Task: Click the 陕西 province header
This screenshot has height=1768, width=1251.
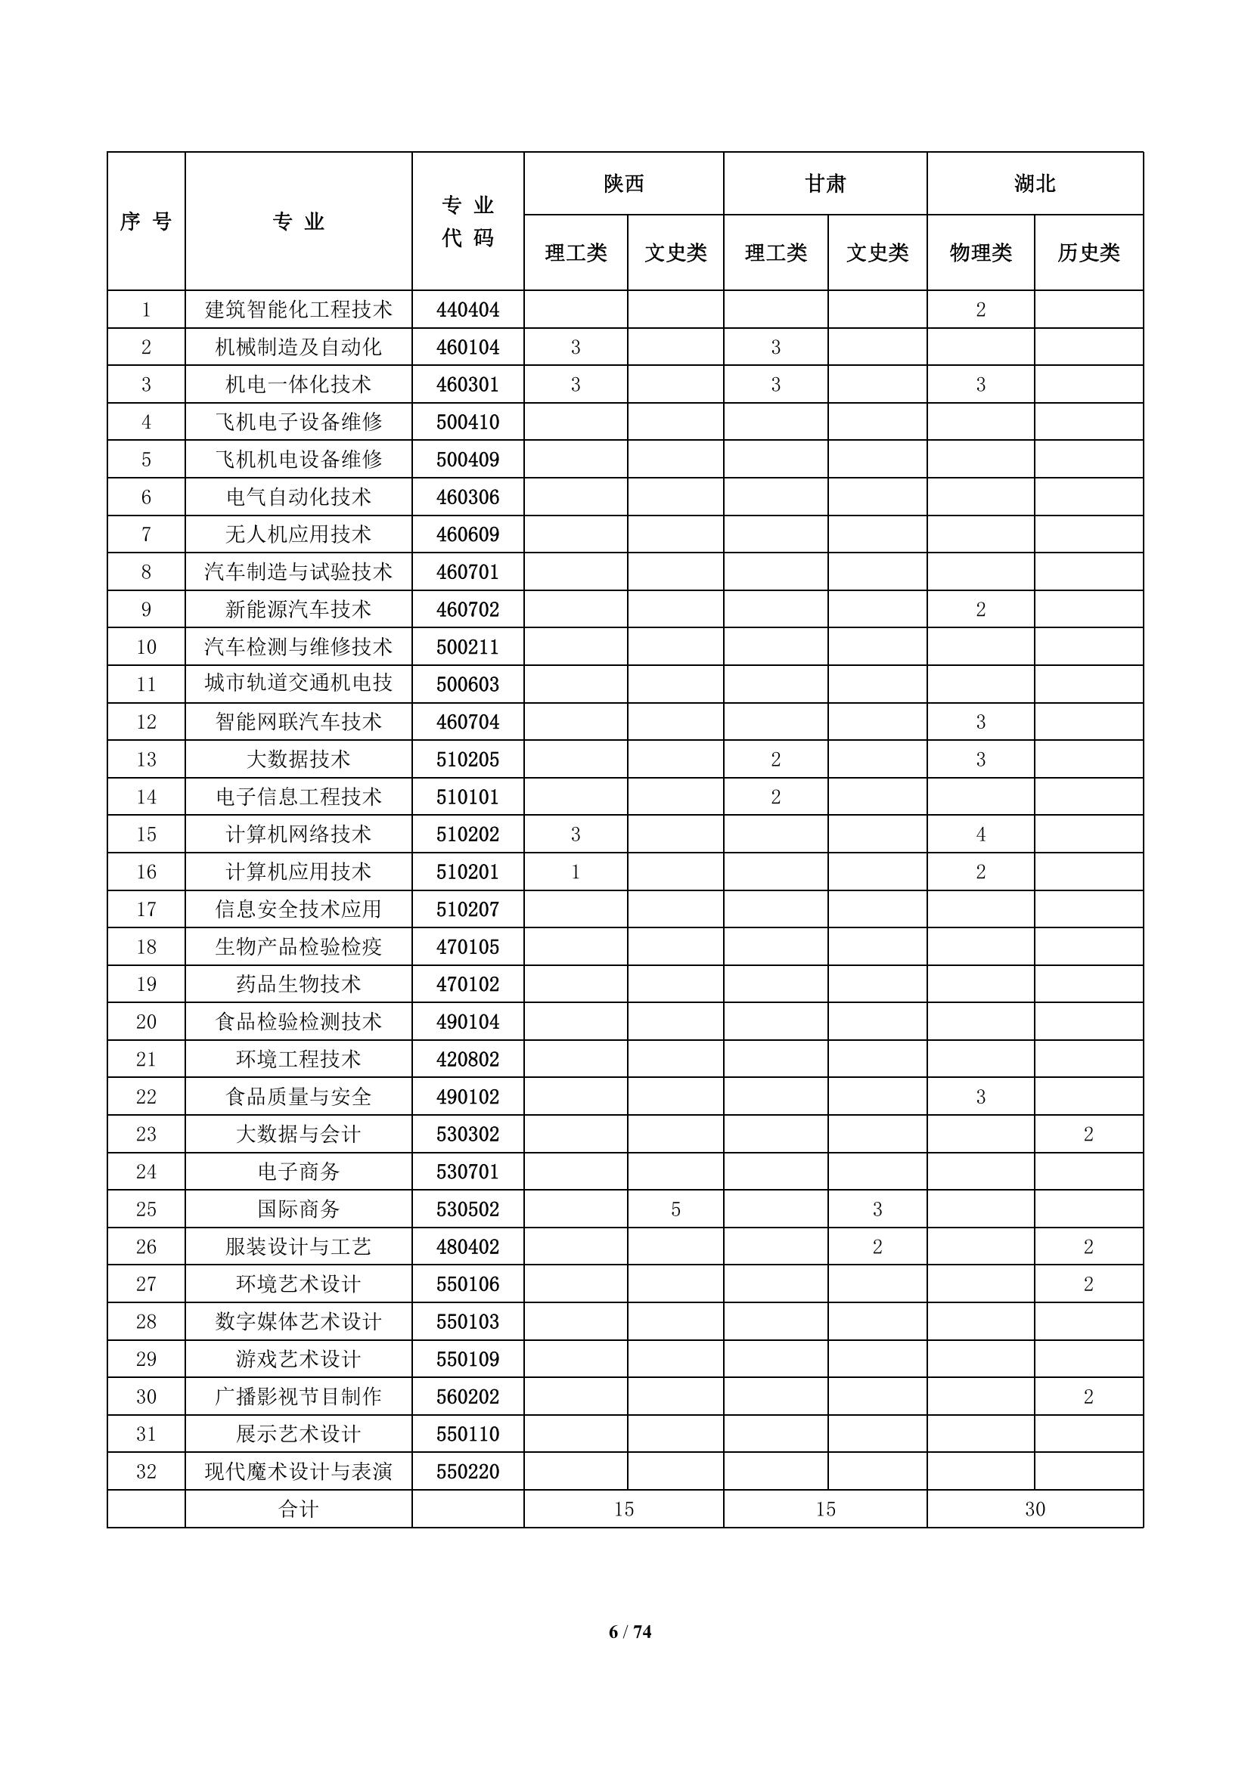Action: (623, 183)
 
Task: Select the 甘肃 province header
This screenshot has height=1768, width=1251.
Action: (825, 183)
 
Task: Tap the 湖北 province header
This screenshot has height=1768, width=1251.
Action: (1035, 183)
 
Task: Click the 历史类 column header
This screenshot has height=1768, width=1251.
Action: (1088, 252)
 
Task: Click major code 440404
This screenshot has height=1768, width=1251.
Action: (467, 310)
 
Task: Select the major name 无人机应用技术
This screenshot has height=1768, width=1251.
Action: (298, 534)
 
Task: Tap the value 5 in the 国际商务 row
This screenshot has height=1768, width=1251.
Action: (675, 1209)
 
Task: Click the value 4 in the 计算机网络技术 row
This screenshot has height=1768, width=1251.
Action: (981, 834)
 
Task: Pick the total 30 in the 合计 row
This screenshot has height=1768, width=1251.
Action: (1035, 1509)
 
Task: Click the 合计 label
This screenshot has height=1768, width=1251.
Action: (298, 1509)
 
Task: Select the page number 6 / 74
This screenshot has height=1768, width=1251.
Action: (629, 1652)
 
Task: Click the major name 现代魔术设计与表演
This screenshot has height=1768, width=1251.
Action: (298, 1472)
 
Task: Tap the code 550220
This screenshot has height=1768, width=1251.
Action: (467, 1472)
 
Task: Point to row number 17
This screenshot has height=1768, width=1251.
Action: (147, 909)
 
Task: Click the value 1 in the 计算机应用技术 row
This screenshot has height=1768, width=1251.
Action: (576, 872)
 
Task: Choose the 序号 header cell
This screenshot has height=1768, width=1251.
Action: (147, 221)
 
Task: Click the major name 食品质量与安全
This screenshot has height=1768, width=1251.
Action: (298, 1097)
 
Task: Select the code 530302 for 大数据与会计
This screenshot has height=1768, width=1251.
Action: (467, 1135)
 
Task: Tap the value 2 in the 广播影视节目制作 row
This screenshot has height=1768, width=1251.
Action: (1088, 1396)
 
